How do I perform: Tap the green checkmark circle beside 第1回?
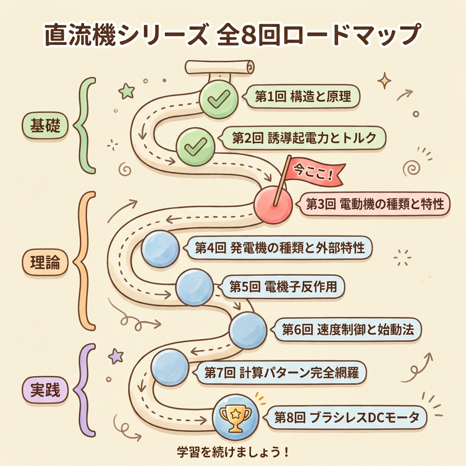pyautogui.click(x=219, y=99)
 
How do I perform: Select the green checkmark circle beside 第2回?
pyautogui.click(x=195, y=146)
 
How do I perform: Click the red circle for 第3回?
pyautogui.click(x=272, y=205)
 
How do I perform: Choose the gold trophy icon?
pyautogui.click(x=235, y=416)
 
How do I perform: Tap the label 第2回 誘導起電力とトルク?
pyautogui.click(x=304, y=138)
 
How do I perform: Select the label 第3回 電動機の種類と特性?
pyautogui.click(x=374, y=204)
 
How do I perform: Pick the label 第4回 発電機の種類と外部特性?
pyautogui.click(x=279, y=248)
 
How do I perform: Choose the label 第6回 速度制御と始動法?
pyautogui.click(x=348, y=330)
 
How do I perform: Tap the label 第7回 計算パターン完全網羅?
pyautogui.click(x=281, y=373)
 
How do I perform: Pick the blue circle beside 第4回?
pyautogui.click(x=160, y=248)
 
